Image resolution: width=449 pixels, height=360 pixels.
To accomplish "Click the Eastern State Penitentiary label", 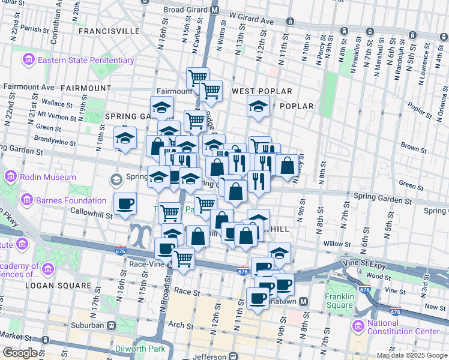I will [85, 60].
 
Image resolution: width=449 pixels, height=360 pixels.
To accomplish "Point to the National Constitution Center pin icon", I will [358, 326].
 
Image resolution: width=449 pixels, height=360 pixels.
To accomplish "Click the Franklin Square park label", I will [340, 301].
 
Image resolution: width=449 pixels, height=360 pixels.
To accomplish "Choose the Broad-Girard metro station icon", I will [215, 10].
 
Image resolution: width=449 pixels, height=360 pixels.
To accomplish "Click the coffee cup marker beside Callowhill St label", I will [125, 204].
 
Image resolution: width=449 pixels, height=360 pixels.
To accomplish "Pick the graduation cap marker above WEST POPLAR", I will [259, 107].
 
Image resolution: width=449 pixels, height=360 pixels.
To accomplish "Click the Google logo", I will [20, 353].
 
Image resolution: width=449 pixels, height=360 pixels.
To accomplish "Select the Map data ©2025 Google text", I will [412, 355].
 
